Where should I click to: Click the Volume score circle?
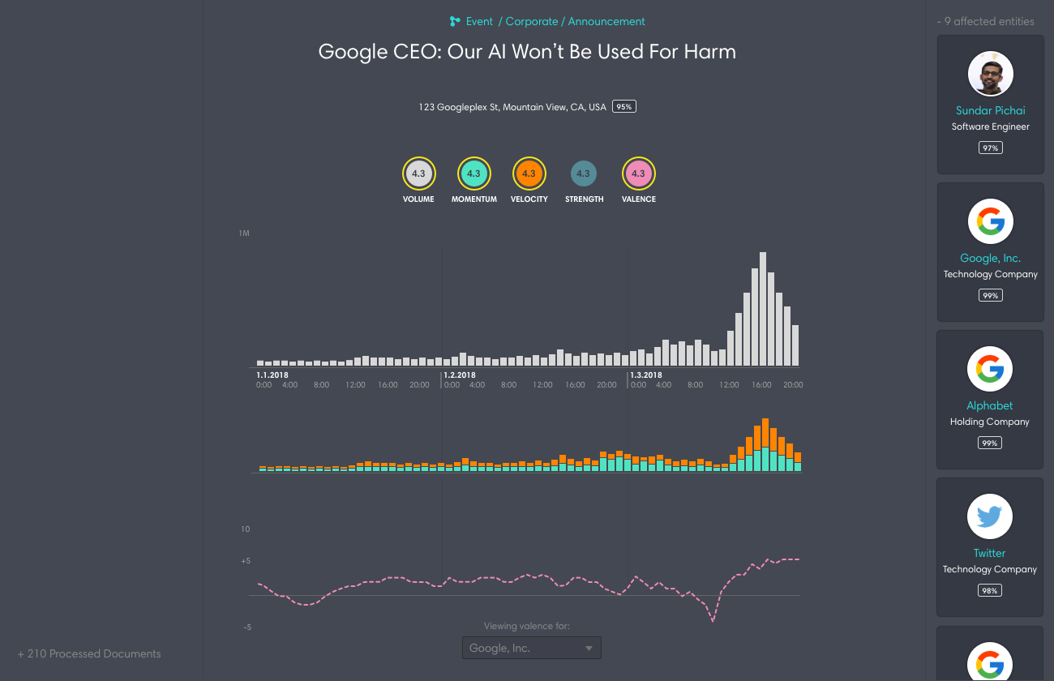coord(419,173)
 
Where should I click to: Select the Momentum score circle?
coord(473,173)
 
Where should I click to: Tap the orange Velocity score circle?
coord(529,173)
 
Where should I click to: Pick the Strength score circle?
coord(583,173)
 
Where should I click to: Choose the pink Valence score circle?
coord(638,173)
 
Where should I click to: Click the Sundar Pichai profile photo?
coord(990,74)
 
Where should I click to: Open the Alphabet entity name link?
coord(989,405)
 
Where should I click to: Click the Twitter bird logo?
coord(989,516)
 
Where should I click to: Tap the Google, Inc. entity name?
coord(990,258)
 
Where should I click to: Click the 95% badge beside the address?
coord(623,107)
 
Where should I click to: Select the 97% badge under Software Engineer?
coord(990,148)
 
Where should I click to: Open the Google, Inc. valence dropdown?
coord(532,648)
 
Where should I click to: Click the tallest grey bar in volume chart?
coord(763,309)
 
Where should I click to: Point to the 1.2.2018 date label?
coord(460,375)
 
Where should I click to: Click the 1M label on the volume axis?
coord(244,233)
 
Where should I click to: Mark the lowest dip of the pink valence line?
coord(713,621)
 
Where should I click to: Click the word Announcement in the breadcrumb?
coord(606,22)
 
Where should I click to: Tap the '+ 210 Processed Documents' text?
coord(89,653)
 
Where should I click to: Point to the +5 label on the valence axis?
coord(245,561)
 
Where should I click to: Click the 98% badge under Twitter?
coord(989,590)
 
